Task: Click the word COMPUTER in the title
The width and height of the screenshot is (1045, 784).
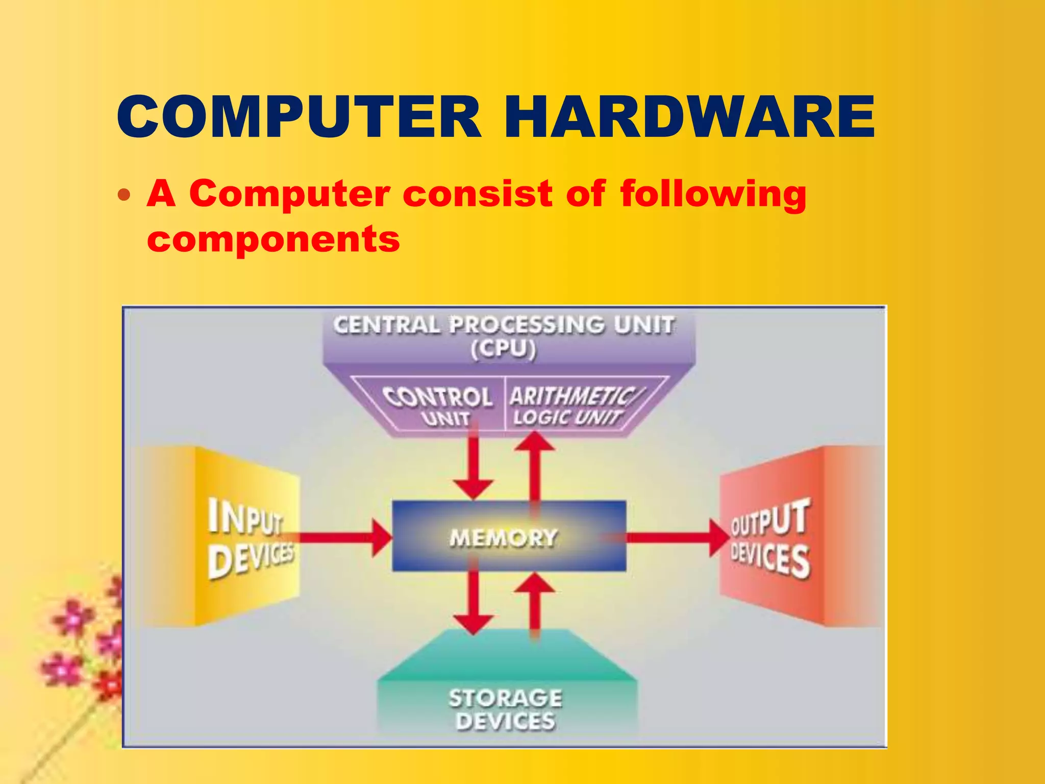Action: pos(298,117)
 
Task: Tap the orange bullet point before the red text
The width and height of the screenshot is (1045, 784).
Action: pos(124,195)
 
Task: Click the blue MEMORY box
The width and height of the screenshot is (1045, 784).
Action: pos(508,536)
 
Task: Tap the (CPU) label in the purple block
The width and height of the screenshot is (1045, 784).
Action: pos(504,350)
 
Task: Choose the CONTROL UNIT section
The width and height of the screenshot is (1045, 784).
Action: pos(438,406)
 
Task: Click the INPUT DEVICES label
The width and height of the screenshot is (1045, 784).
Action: pos(250,538)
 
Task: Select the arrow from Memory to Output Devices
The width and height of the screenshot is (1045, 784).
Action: pos(674,537)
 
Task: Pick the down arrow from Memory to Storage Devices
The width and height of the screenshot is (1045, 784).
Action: pos(474,602)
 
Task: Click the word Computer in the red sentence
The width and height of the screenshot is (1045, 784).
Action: pos(289,194)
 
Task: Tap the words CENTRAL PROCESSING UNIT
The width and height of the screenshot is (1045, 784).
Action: pos(504,325)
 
